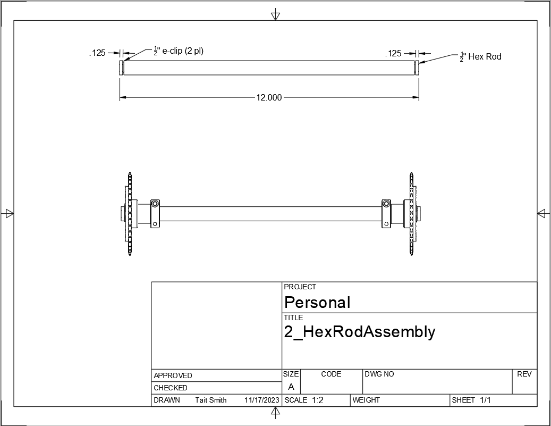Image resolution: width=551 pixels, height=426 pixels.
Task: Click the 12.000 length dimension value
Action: pos(269,98)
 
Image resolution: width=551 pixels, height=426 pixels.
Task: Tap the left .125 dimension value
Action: pos(98,53)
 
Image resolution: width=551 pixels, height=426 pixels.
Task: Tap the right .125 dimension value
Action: pos(394,54)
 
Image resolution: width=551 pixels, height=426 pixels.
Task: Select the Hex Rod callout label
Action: pos(484,56)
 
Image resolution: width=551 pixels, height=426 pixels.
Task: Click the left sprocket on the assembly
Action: pos(129,213)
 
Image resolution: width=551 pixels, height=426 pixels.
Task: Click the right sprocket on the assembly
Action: pos(411,213)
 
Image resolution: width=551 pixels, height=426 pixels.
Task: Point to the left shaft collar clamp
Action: pos(155,213)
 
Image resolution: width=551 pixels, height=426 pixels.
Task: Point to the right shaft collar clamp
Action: pos(386,213)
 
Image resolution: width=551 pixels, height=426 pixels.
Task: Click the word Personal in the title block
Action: pos(317,302)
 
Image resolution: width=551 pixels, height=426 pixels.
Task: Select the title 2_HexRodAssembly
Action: pos(360,332)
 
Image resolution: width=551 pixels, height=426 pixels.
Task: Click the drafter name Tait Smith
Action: pos(211,400)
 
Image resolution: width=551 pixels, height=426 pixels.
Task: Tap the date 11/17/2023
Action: pos(261,400)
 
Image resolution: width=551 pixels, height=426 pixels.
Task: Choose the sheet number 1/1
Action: pos(485,400)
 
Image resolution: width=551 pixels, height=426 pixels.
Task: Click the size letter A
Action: pos(291,387)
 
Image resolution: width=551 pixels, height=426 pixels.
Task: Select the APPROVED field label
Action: pos(173,375)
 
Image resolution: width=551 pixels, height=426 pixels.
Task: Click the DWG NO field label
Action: pos(379,374)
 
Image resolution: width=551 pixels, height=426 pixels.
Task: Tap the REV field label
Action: pos(524,374)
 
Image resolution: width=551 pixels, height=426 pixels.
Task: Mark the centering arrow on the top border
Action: pos(275,14)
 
